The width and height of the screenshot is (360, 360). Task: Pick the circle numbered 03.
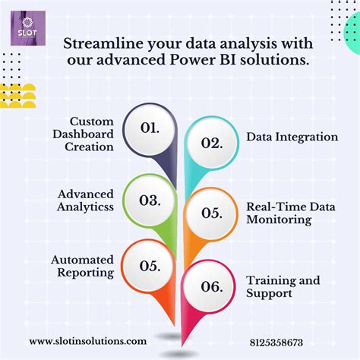click(149, 201)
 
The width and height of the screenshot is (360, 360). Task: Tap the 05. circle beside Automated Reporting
click(149, 265)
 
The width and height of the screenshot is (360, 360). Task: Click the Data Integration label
click(292, 137)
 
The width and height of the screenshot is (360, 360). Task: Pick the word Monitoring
click(278, 220)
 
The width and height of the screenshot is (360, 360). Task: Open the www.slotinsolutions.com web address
click(87, 342)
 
